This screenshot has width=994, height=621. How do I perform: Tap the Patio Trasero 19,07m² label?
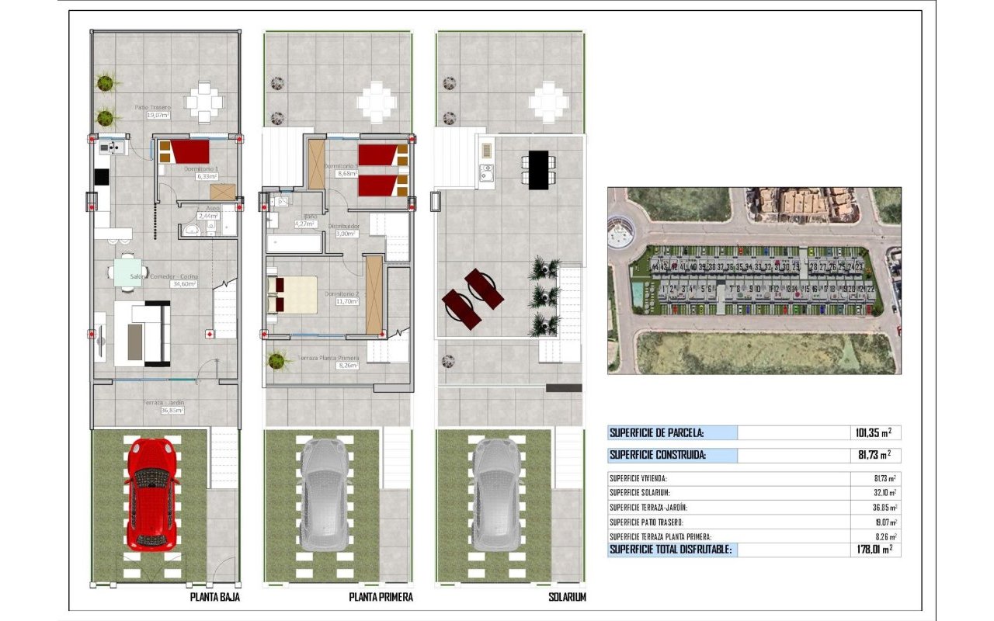point(152,111)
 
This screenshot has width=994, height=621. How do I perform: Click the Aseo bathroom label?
point(208,212)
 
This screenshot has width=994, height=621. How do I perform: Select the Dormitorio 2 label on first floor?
point(341,297)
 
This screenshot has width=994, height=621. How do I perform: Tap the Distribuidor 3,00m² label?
point(345,229)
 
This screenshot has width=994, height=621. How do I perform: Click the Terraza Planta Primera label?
point(328,361)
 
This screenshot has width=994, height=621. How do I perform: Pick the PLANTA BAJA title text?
point(215,598)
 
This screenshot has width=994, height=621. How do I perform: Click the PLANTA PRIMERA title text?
point(381,598)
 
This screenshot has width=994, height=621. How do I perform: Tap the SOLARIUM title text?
point(568,598)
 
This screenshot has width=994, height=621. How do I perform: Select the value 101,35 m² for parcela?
point(872,433)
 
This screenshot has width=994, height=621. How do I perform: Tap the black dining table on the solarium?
point(538,169)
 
